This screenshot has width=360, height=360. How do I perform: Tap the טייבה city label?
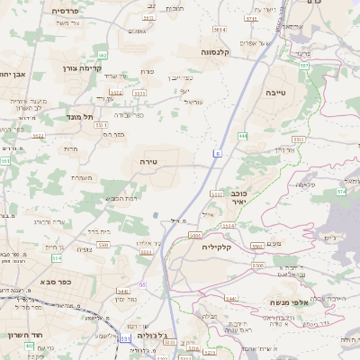click(287, 91)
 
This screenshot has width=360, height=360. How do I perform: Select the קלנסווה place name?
click(220, 51)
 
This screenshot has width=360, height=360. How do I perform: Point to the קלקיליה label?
click(217, 246)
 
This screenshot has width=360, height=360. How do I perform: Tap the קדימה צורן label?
click(82, 67)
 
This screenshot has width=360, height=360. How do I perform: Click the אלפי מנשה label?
click(288, 303)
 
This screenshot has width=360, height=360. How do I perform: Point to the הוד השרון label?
click(18, 333)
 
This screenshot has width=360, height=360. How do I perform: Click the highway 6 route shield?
click(216, 154)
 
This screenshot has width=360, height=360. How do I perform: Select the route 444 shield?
click(243, 136)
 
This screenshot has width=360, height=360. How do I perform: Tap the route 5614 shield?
click(139, 92)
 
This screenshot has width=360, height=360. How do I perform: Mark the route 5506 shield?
click(257, 267)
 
